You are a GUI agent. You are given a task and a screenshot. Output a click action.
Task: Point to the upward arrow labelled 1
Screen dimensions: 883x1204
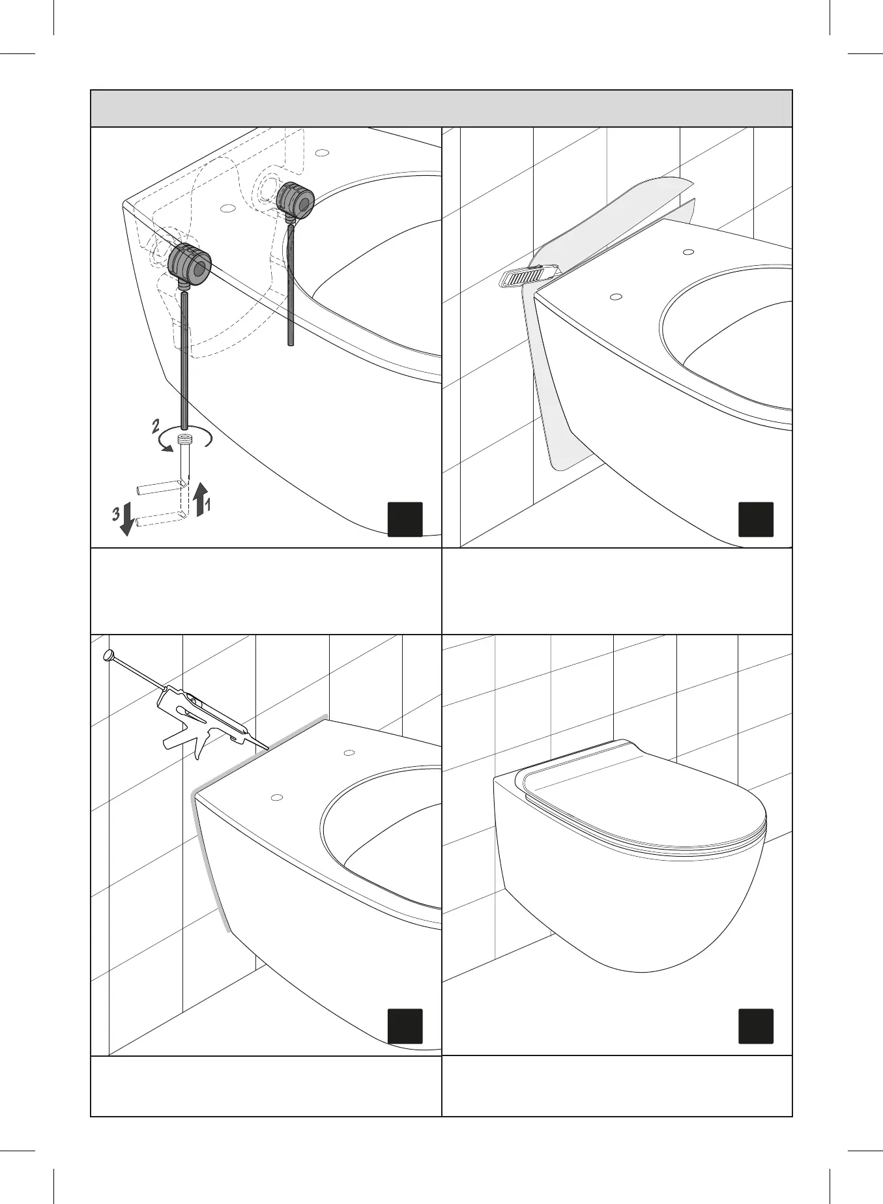point(200,498)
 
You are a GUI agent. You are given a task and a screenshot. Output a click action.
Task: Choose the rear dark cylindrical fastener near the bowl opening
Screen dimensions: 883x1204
point(295,199)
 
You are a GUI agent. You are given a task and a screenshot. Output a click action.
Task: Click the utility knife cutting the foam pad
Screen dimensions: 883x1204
point(528,276)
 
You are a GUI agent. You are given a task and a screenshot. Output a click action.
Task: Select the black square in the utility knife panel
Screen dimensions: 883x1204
point(757,519)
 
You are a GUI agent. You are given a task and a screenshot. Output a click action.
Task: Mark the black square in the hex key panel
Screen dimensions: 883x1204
point(405,519)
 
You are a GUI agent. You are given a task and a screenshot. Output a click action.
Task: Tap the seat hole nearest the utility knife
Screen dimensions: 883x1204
point(615,297)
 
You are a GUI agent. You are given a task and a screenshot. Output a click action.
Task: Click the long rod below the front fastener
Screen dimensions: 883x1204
point(184,362)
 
